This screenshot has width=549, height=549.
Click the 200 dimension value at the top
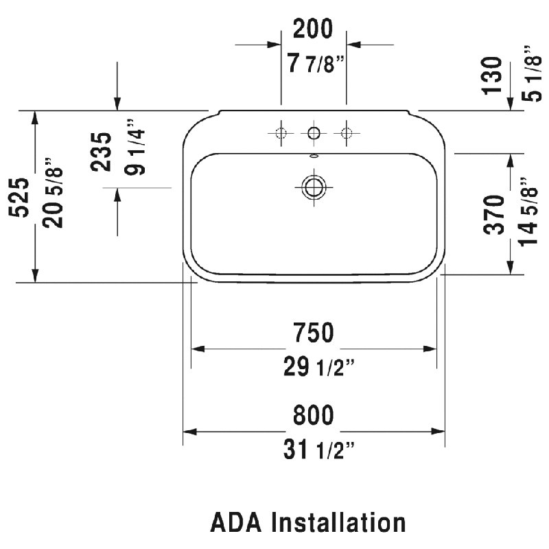[313, 30]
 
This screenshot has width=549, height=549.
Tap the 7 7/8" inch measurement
[316, 64]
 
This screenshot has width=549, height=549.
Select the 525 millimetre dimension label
[19, 198]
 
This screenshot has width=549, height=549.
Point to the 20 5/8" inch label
[53, 193]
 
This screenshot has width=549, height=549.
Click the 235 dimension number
[101, 152]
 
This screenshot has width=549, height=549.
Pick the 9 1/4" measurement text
[135, 147]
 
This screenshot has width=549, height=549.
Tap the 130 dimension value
[492, 75]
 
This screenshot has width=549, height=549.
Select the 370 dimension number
[493, 215]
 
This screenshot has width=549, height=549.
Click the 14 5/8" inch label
[527, 212]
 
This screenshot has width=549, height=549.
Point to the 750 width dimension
[314, 333]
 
